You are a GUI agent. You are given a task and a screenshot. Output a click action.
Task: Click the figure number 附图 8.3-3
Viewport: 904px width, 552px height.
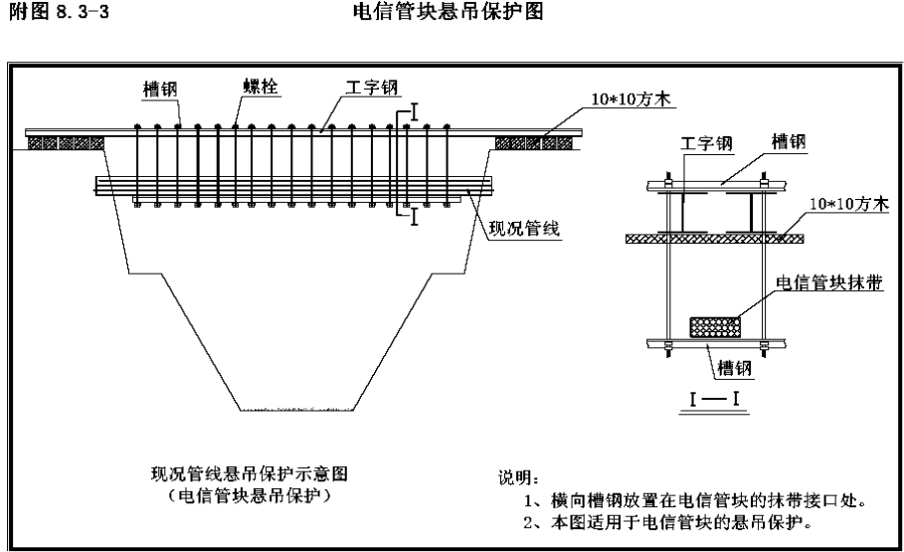(59, 12)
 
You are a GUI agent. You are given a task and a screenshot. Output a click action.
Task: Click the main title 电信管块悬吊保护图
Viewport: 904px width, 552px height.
(448, 12)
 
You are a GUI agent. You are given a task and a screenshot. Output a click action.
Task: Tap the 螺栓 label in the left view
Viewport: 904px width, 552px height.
(260, 87)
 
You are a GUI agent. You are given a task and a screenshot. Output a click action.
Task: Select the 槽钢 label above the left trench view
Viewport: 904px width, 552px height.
(160, 90)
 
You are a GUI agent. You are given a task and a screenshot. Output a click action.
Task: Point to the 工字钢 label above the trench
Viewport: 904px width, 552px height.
(372, 88)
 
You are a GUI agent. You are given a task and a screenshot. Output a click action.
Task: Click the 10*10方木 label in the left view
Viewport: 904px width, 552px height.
(632, 98)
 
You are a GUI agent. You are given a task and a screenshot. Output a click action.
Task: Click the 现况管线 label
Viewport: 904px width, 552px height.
(525, 229)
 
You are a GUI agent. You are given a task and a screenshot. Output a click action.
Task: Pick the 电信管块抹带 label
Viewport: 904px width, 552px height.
(829, 282)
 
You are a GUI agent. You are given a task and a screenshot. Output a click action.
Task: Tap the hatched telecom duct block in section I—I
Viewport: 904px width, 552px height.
(715, 327)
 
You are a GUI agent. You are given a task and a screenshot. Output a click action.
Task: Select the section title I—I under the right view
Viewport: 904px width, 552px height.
(714, 399)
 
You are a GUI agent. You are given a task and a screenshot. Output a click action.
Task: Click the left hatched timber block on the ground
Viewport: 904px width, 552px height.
(66, 142)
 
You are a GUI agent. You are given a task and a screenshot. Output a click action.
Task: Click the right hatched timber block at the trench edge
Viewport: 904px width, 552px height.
(534, 142)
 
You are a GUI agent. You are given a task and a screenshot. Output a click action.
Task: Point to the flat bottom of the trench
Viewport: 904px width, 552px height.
(297, 410)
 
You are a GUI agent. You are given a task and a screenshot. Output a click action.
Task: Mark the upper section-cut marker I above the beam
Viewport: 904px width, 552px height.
(414, 112)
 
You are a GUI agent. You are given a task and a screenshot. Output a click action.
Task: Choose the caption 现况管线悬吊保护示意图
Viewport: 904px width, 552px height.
(250, 473)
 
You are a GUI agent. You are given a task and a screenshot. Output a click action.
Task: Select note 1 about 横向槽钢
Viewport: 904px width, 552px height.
(695, 499)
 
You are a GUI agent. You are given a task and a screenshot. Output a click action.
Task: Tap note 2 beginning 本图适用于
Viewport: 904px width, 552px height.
(668, 522)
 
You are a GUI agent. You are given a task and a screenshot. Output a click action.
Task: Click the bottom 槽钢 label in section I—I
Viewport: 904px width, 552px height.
(735, 367)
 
